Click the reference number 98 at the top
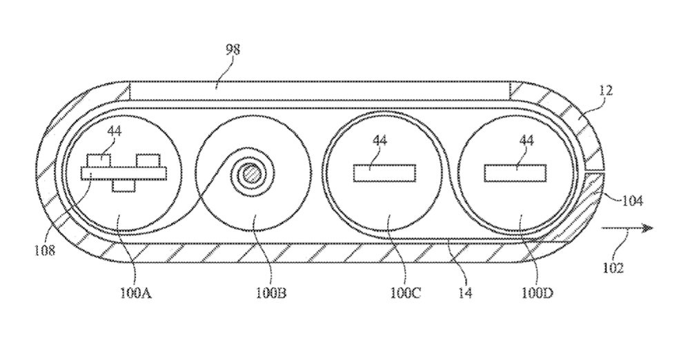(233, 50)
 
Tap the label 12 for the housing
(605, 91)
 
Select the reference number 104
(632, 201)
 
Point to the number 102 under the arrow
(613, 268)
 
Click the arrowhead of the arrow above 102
(647, 228)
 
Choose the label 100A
(135, 292)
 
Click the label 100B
(270, 292)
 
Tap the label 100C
(405, 292)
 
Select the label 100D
(537, 292)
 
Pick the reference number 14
(465, 292)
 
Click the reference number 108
(45, 250)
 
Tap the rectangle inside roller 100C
(384, 173)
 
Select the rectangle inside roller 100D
(515, 173)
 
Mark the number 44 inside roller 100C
(379, 141)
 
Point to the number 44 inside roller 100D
(526, 141)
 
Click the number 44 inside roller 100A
(114, 131)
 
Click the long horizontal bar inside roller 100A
(124, 173)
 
